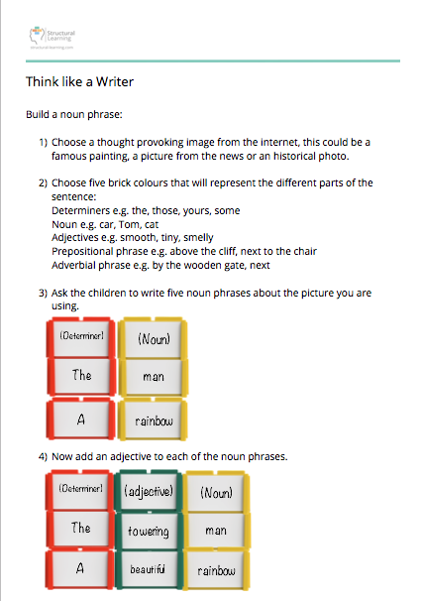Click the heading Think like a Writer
[79, 81]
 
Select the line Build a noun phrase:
[66, 115]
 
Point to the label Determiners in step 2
[79, 211]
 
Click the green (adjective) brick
[150, 491]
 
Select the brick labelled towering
[150, 532]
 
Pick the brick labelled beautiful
[150, 571]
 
